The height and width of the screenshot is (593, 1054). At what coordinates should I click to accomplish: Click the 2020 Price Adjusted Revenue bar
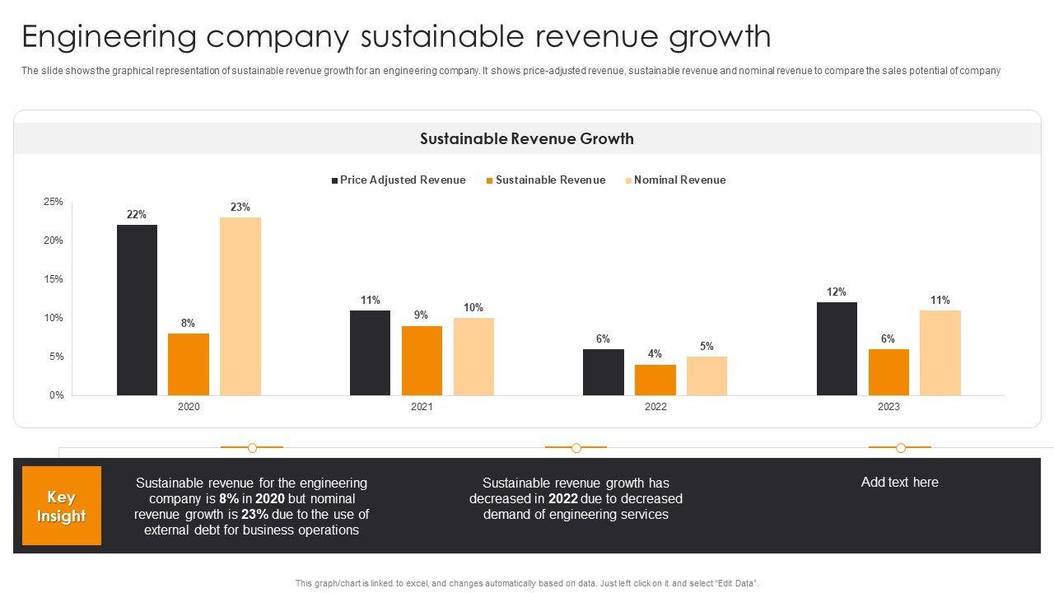click(x=137, y=310)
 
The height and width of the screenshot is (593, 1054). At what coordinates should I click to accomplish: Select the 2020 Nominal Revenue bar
click(x=240, y=306)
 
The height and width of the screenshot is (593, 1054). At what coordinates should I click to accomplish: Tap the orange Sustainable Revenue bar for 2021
click(x=422, y=361)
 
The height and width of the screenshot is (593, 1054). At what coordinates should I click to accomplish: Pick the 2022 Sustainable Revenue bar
click(x=655, y=380)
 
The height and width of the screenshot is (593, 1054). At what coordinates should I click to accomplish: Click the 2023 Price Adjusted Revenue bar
click(x=837, y=348)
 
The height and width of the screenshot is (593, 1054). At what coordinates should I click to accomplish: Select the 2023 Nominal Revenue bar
click(x=940, y=353)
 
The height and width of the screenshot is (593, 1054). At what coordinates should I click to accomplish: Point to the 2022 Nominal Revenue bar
click(x=707, y=376)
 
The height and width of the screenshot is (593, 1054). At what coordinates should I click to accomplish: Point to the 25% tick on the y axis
click(x=54, y=202)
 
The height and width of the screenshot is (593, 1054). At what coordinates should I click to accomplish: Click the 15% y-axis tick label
click(x=54, y=279)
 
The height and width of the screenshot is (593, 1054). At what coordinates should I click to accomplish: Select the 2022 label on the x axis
click(x=655, y=407)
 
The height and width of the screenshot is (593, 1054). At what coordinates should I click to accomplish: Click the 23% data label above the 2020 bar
click(x=240, y=208)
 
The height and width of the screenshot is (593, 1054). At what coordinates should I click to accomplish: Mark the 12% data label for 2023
click(x=837, y=292)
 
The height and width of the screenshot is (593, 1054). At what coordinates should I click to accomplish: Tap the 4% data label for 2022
click(x=655, y=354)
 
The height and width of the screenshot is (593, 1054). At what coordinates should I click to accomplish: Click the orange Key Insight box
click(x=62, y=506)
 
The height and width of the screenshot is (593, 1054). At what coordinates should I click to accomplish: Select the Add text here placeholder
click(x=899, y=483)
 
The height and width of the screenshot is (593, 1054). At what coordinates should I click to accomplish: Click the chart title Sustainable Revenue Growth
click(x=527, y=138)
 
